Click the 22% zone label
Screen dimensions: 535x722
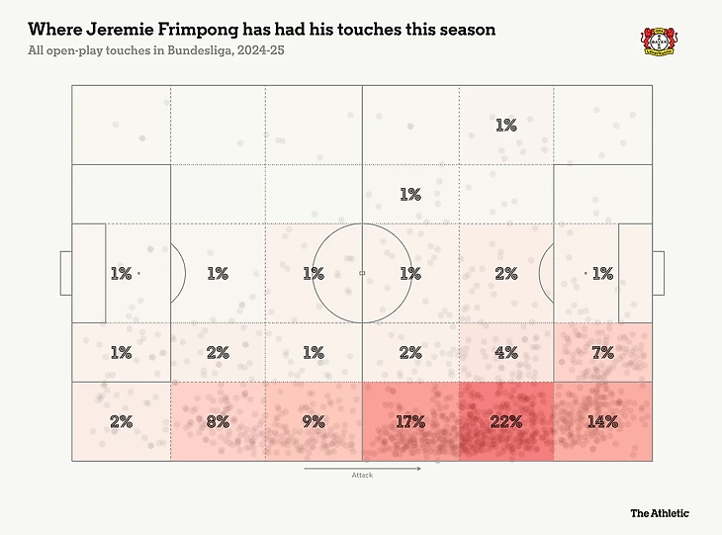pyautogui.click(x=505, y=421)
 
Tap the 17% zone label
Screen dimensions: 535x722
pyautogui.click(x=409, y=421)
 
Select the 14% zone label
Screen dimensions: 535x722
pyautogui.click(x=602, y=421)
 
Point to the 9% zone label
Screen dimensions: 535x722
pyautogui.click(x=313, y=421)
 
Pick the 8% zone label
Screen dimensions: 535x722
pyautogui.click(x=218, y=421)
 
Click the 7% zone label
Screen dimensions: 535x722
pyautogui.click(x=602, y=352)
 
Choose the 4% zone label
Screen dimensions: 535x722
pyautogui.click(x=505, y=352)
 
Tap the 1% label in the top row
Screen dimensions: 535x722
pyautogui.click(x=505, y=126)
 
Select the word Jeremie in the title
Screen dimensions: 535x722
pyautogui.click(x=114, y=30)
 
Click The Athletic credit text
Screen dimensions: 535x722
pyautogui.click(x=660, y=513)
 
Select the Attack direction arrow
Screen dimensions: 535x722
pyautogui.click(x=362, y=468)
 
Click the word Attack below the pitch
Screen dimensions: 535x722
pyautogui.click(x=362, y=476)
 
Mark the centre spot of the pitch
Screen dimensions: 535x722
pyautogui.click(x=362, y=273)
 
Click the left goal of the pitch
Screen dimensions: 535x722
pyautogui.click(x=65, y=273)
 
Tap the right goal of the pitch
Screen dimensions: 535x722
pyautogui.click(x=658, y=273)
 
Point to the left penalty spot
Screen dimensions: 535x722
pyautogui.click(x=138, y=273)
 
